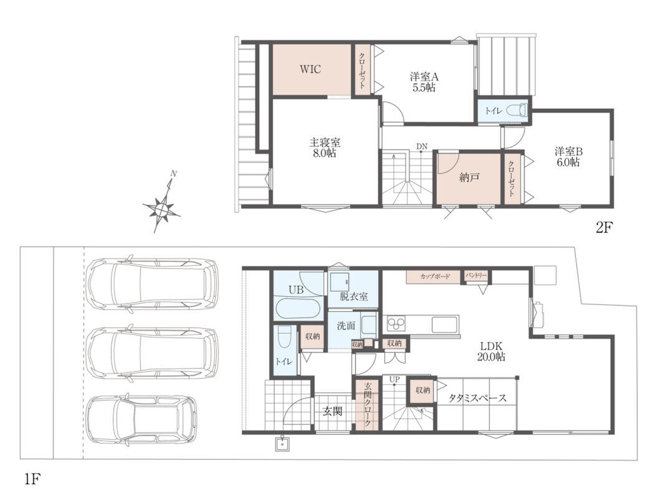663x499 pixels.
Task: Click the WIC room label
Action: (x=310, y=69)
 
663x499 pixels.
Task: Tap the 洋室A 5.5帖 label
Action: (x=424, y=82)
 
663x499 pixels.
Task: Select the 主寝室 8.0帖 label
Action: (x=325, y=147)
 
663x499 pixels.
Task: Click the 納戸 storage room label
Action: (x=469, y=177)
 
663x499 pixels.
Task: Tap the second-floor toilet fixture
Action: (x=517, y=110)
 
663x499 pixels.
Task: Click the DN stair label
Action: (x=422, y=147)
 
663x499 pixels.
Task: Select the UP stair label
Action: (x=394, y=380)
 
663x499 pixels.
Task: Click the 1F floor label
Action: (x=32, y=480)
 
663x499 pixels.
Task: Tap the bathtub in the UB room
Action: (x=297, y=309)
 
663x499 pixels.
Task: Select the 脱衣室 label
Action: (x=353, y=296)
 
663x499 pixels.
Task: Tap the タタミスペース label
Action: (x=477, y=398)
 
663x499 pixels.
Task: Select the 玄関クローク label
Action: (x=368, y=404)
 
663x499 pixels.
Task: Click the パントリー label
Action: (x=476, y=276)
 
